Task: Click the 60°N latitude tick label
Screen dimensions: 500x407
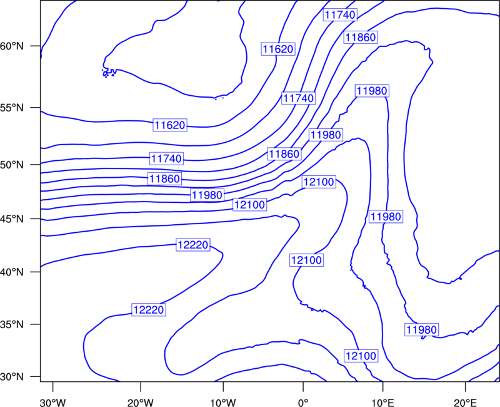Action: click(12, 46)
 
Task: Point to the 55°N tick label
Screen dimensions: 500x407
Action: click(12, 108)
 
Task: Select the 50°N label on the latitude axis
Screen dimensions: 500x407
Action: click(12, 165)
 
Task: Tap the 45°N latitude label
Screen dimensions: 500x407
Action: click(12, 219)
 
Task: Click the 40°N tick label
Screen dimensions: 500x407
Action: click(12, 272)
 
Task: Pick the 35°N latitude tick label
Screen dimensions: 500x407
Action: click(12, 324)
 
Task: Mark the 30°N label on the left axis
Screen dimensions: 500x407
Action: click(12, 377)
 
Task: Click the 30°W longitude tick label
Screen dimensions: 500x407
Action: click(53, 403)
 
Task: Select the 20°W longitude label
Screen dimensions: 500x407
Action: click(141, 403)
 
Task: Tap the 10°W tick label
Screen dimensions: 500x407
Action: click(223, 403)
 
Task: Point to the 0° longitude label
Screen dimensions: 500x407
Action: click(303, 403)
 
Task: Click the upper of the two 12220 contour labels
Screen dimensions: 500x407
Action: click(193, 245)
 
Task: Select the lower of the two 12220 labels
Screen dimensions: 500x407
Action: click(149, 309)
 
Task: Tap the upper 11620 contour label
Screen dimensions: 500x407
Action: click(277, 49)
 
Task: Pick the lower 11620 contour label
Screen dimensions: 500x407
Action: click(169, 125)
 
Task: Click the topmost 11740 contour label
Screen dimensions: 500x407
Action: click(340, 14)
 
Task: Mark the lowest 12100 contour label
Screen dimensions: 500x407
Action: click(361, 356)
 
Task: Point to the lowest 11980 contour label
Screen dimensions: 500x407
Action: click(421, 329)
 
